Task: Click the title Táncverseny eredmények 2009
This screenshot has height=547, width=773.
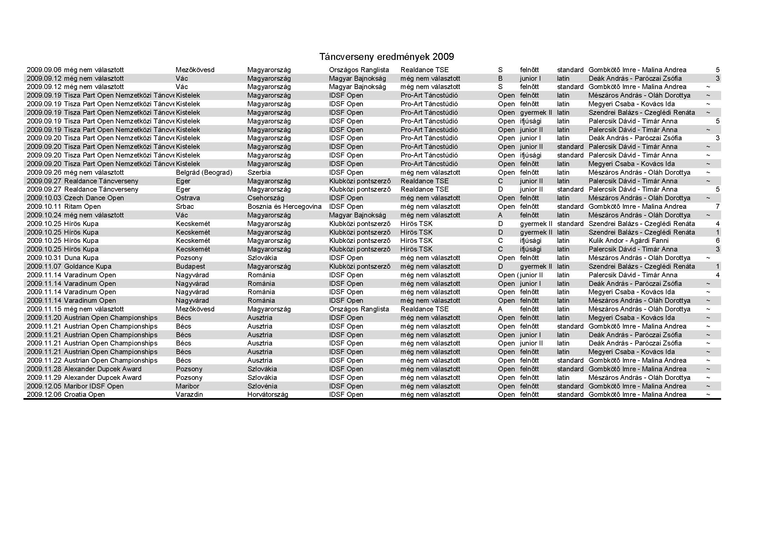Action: pyautogui.click(x=387, y=57)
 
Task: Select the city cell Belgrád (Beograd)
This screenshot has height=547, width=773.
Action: pyautogui.click(x=204, y=172)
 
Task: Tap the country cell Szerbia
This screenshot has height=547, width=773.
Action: pyautogui.click(x=259, y=172)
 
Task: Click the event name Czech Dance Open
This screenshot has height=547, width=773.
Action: pyautogui.click(x=94, y=198)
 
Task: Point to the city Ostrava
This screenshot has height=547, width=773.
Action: pyautogui.click(x=188, y=198)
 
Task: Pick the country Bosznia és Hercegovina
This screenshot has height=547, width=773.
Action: pyautogui.click(x=285, y=206)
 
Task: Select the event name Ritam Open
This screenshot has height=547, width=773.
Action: pyautogui.click(x=83, y=206)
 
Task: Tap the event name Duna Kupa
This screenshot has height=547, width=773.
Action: pyautogui.click(x=82, y=258)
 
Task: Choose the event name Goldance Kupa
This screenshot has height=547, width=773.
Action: pyautogui.click(x=88, y=267)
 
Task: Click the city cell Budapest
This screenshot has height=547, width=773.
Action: pyautogui.click(x=191, y=267)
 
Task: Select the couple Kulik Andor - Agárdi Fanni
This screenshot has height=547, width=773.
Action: pyautogui.click(x=629, y=241)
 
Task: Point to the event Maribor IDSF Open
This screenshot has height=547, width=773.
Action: pyautogui.click(x=94, y=386)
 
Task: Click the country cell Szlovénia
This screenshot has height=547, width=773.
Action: pyautogui.click(x=262, y=386)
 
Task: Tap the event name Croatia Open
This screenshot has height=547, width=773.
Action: pyautogui.click(x=85, y=395)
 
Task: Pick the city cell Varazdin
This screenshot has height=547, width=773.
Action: pyautogui.click(x=190, y=395)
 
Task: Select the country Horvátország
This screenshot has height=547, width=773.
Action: pyautogui.click(x=268, y=395)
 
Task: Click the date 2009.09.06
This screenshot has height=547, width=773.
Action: pyautogui.click(x=44, y=70)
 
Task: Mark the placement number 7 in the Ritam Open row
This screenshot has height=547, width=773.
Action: pyautogui.click(x=718, y=206)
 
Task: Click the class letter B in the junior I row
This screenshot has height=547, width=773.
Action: pyautogui.click(x=500, y=78)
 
